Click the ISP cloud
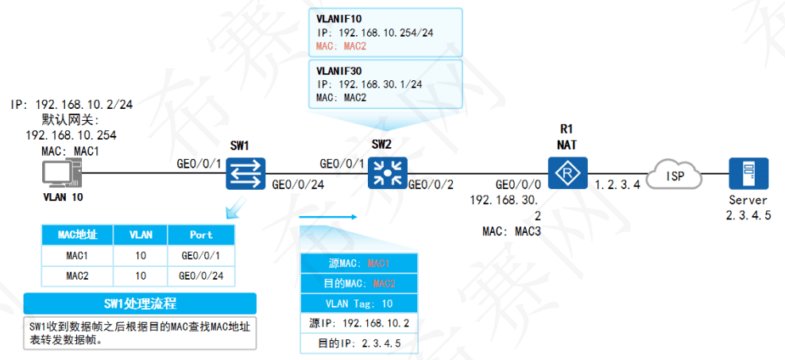[x=676, y=174]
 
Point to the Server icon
[x=748, y=172]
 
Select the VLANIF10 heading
[x=339, y=18]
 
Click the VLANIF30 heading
[x=339, y=70]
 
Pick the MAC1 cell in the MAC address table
[x=77, y=255]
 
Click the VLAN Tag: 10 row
[x=359, y=303]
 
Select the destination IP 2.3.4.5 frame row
[x=359, y=343]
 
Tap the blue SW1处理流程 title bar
[x=140, y=304]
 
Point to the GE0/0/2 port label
[x=431, y=185]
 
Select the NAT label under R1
[x=567, y=144]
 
